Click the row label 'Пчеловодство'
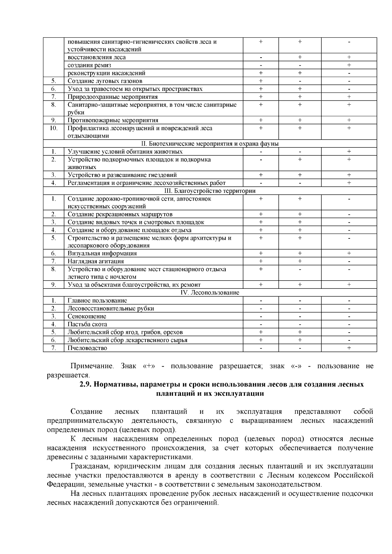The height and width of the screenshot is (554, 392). pyautogui.click(x=87, y=348)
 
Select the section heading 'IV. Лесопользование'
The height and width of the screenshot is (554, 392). pyautogui.click(x=210, y=292)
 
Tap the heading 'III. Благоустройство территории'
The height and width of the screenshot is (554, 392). pyautogui.click(x=210, y=191)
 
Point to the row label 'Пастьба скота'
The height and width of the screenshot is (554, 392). pyautogui.click(x=87, y=324)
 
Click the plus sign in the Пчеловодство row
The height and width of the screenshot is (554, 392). pyautogui.click(x=349, y=348)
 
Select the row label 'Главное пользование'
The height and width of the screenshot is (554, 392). pyautogui.click(x=97, y=300)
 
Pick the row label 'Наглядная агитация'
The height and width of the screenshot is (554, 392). pyautogui.click(x=96, y=261)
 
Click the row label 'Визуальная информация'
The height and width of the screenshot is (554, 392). pyautogui.click(x=102, y=253)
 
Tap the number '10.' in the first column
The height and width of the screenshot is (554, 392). pyautogui.click(x=54, y=128)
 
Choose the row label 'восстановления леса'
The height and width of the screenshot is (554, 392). pyautogui.click(x=97, y=57)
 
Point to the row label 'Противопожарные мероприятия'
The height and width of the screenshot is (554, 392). pyautogui.click(x=113, y=120)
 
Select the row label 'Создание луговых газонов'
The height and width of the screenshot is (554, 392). pyautogui.click(x=105, y=81)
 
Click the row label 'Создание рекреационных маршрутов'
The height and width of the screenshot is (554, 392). pyautogui.click(x=120, y=214)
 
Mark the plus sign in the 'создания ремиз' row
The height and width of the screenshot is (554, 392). pyautogui.click(x=349, y=65)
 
